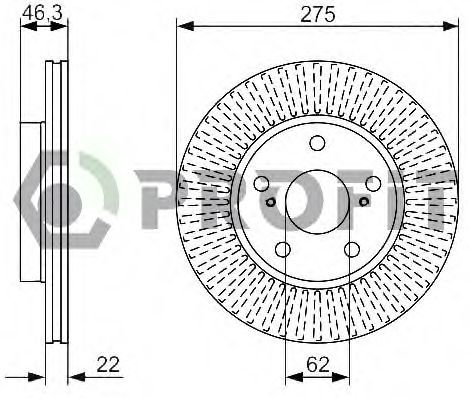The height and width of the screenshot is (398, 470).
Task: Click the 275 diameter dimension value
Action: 317,15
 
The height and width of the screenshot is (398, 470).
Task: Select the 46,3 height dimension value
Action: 42,14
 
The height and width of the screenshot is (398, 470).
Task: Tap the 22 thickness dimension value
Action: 108,364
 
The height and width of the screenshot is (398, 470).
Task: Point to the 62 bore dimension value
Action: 318,364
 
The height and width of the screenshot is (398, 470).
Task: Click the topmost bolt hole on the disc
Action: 317,143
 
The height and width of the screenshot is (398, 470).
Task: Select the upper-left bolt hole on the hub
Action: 262,183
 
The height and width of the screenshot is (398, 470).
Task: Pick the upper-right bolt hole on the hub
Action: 373,183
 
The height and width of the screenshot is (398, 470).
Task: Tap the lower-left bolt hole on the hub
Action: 283,249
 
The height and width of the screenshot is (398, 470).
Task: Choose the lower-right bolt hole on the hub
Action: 352,249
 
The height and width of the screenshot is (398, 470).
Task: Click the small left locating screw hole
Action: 271,202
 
